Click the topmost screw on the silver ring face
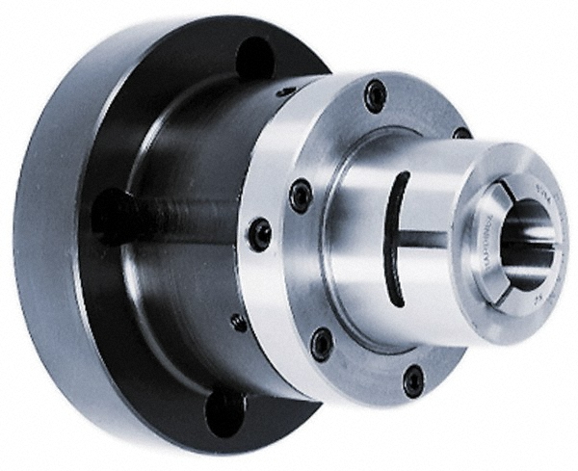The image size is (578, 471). (x=375, y=95)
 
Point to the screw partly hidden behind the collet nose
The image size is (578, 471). (x=461, y=133)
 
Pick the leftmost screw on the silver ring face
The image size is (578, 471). (x=301, y=196)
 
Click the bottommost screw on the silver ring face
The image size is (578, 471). (x=413, y=379)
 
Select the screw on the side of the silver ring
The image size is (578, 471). (x=259, y=233)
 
